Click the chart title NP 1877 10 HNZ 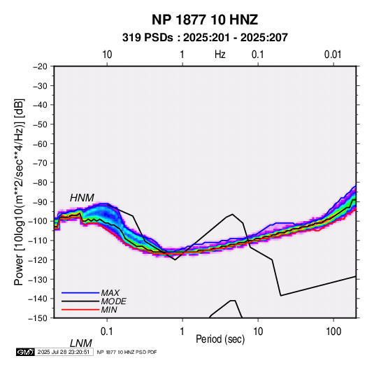click(205, 20)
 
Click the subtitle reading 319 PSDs click(148, 38)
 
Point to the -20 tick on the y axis click(40, 66)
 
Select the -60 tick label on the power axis click(40, 143)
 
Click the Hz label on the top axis click(220, 55)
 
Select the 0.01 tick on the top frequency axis click(333, 55)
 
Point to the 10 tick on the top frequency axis click(107, 55)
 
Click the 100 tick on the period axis click(333, 332)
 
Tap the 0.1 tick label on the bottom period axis click(107, 332)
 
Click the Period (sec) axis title click(220, 339)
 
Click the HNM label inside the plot click(82, 198)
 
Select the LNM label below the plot click(81, 343)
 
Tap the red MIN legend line click(80, 310)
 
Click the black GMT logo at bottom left click(26, 352)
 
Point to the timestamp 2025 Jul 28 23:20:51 click(64, 352)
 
